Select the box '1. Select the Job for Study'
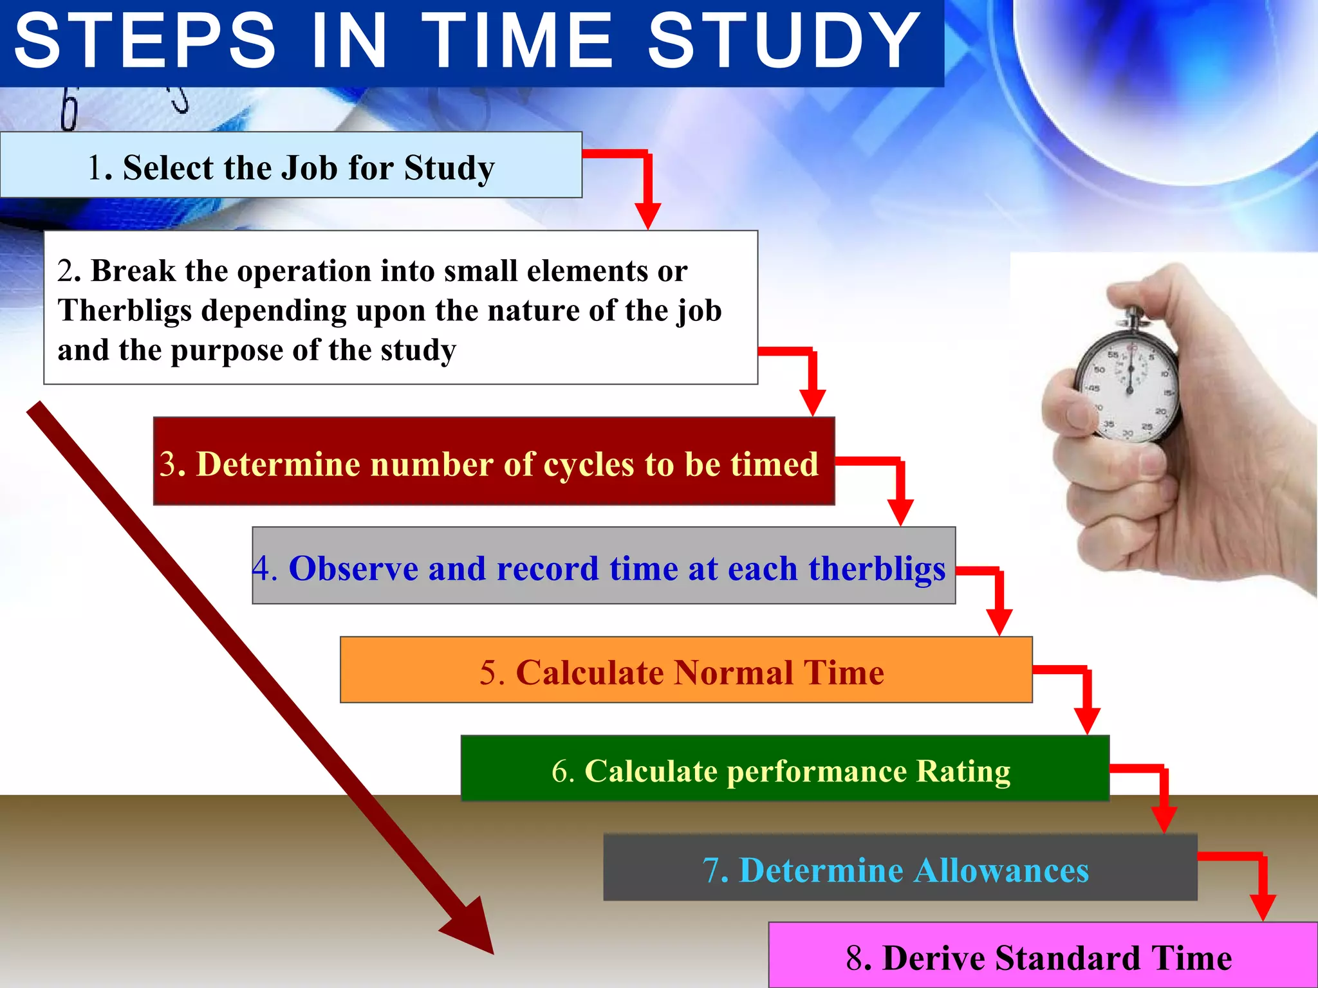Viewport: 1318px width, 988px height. click(x=291, y=165)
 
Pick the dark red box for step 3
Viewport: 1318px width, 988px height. click(x=494, y=461)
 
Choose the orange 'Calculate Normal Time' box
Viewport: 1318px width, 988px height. click(x=686, y=670)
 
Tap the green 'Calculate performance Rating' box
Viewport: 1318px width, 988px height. click(x=785, y=769)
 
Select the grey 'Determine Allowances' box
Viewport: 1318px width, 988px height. click(x=900, y=868)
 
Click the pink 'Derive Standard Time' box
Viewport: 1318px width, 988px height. click(x=1043, y=956)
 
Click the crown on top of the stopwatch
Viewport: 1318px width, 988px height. click(x=1134, y=315)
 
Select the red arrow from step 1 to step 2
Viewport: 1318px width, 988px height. click(x=647, y=187)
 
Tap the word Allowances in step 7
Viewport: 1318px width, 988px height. click(x=1001, y=870)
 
